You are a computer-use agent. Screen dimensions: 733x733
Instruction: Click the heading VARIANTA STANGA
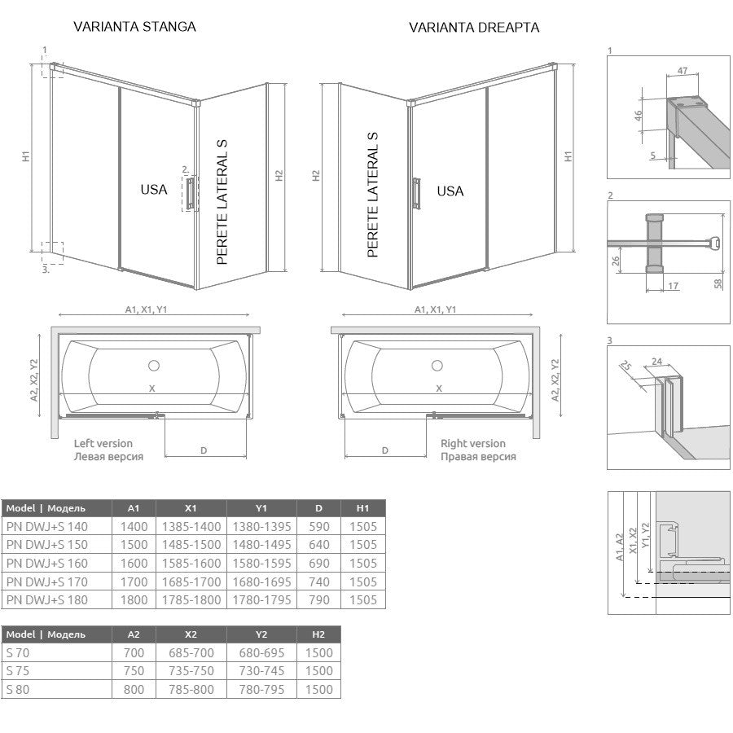(134, 27)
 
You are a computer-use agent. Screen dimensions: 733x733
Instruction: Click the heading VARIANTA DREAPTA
(474, 28)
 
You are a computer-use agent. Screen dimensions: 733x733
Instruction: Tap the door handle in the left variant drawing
(190, 193)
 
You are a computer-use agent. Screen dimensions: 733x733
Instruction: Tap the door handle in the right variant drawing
(416, 194)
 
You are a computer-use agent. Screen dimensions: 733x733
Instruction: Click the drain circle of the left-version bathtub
(154, 366)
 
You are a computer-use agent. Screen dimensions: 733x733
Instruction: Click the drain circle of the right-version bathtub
(437, 366)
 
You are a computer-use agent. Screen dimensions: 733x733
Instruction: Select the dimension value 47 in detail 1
(683, 71)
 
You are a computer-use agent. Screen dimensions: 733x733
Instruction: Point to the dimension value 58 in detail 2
(718, 283)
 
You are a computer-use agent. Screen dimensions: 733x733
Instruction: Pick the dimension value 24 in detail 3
(656, 362)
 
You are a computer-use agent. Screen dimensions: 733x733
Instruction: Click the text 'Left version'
(103, 443)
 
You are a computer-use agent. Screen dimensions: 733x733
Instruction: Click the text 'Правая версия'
(478, 456)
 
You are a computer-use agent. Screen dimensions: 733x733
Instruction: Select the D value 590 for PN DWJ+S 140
(318, 526)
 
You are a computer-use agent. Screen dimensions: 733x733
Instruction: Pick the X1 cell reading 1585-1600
(191, 564)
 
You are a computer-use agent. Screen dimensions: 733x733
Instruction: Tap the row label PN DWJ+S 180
(47, 599)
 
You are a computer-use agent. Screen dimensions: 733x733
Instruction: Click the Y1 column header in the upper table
(261, 508)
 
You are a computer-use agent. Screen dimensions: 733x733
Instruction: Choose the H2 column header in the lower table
(318, 634)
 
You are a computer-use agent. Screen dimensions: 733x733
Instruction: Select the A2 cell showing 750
(134, 671)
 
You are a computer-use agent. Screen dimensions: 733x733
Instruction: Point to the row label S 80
(18, 690)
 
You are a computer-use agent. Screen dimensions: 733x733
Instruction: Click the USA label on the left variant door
(154, 189)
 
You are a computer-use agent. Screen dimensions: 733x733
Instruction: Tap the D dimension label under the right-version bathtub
(384, 450)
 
